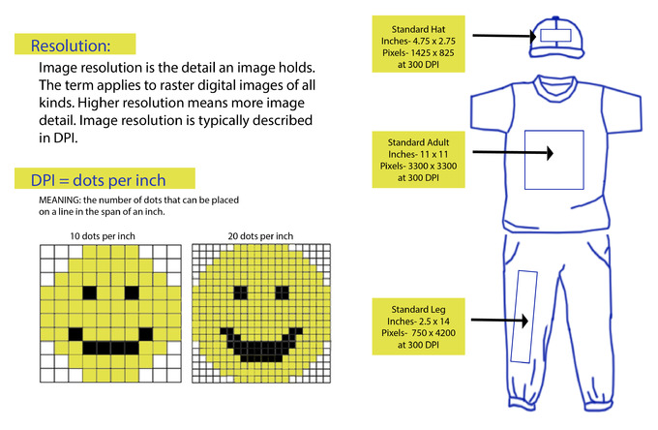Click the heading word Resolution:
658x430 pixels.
tap(71, 46)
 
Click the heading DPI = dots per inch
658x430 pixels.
tap(98, 180)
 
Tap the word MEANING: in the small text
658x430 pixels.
tap(60, 200)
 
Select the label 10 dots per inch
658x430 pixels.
tap(103, 236)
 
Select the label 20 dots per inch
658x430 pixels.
tap(260, 236)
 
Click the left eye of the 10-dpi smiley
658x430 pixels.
tap(89, 292)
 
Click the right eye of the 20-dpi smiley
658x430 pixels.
tap(282, 292)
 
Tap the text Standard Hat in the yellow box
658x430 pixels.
tap(418, 29)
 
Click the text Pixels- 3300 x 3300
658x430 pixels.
tap(418, 166)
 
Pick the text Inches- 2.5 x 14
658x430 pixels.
tap(418, 322)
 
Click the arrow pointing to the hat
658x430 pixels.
tap(504, 36)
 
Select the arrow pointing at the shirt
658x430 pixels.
tap(513, 152)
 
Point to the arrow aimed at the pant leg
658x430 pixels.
tap(499, 321)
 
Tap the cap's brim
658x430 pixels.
tap(556, 53)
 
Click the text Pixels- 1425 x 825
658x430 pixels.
tap(418, 53)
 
